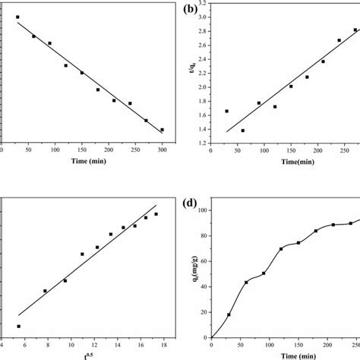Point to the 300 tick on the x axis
pos(163,148)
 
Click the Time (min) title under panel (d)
pos(276,355)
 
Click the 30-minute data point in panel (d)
pos(229,314)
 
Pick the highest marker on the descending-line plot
pos(17,17)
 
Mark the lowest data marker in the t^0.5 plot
pos(18,326)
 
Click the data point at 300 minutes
pos(162,129)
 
